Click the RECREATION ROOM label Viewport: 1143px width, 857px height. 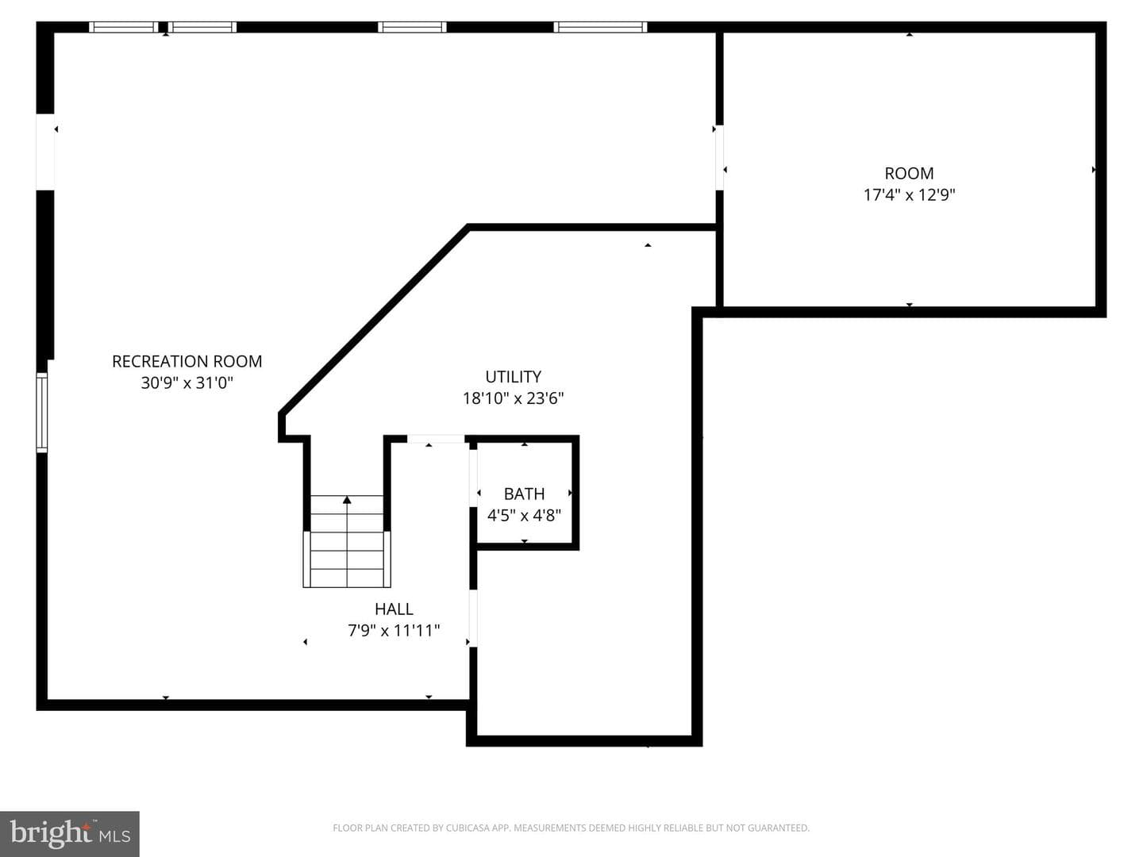pos(187,361)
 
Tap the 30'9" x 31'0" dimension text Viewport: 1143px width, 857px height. pos(187,383)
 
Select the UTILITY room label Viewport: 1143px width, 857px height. pos(513,376)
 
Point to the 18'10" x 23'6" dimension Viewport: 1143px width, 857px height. pos(513,398)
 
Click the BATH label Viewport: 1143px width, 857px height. pos(524,494)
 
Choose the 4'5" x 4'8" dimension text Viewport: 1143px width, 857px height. pos(524,515)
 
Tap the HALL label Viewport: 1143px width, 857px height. pos(394,609)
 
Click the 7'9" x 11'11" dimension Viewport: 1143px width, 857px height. pos(394,630)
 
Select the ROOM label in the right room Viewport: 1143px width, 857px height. pos(909,173)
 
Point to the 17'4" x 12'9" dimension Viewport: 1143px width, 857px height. pos(909,194)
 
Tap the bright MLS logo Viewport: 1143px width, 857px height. pos(70,833)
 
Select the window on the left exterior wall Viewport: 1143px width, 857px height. pos(41,412)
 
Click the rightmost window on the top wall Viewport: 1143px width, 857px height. pos(600,27)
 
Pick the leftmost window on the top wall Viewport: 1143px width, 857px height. pos(123,27)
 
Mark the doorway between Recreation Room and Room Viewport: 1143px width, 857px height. pos(719,157)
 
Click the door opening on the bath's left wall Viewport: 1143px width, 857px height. pos(473,478)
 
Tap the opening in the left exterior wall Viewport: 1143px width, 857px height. pos(44,152)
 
